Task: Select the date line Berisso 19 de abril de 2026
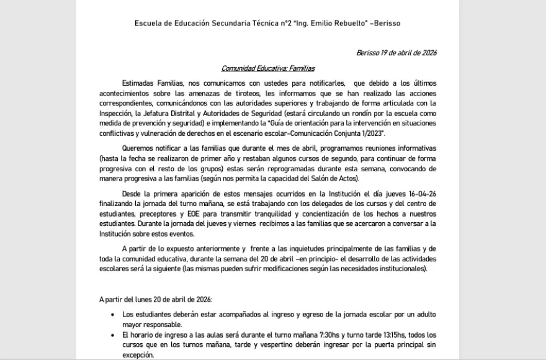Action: coord(396,53)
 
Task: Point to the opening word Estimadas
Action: coord(138,83)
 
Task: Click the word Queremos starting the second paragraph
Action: coord(138,149)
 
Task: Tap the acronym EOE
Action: coord(176,214)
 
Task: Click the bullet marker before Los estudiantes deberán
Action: coord(112,315)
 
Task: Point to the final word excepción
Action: coord(136,355)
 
